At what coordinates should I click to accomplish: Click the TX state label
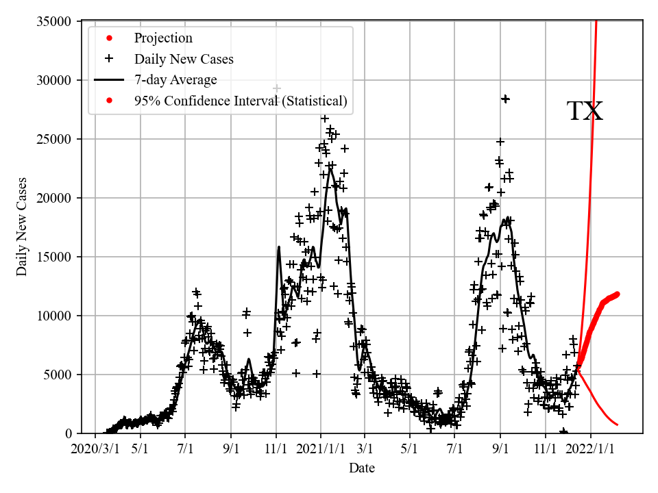coord(585,112)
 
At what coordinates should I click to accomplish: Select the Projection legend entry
coord(163,38)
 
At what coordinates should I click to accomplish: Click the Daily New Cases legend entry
coord(184,59)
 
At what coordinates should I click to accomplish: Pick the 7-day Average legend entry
coord(175,80)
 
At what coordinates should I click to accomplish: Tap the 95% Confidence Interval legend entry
coord(241,101)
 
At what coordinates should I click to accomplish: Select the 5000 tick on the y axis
coord(60,375)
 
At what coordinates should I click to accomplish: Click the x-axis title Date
coord(362,468)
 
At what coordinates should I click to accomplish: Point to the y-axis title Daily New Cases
coord(22,227)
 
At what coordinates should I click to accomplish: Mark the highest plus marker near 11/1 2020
coord(277,88)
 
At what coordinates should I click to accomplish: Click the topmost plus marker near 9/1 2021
coord(505,99)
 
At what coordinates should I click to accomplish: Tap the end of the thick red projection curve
coord(617,294)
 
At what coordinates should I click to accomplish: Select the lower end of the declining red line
coord(617,425)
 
